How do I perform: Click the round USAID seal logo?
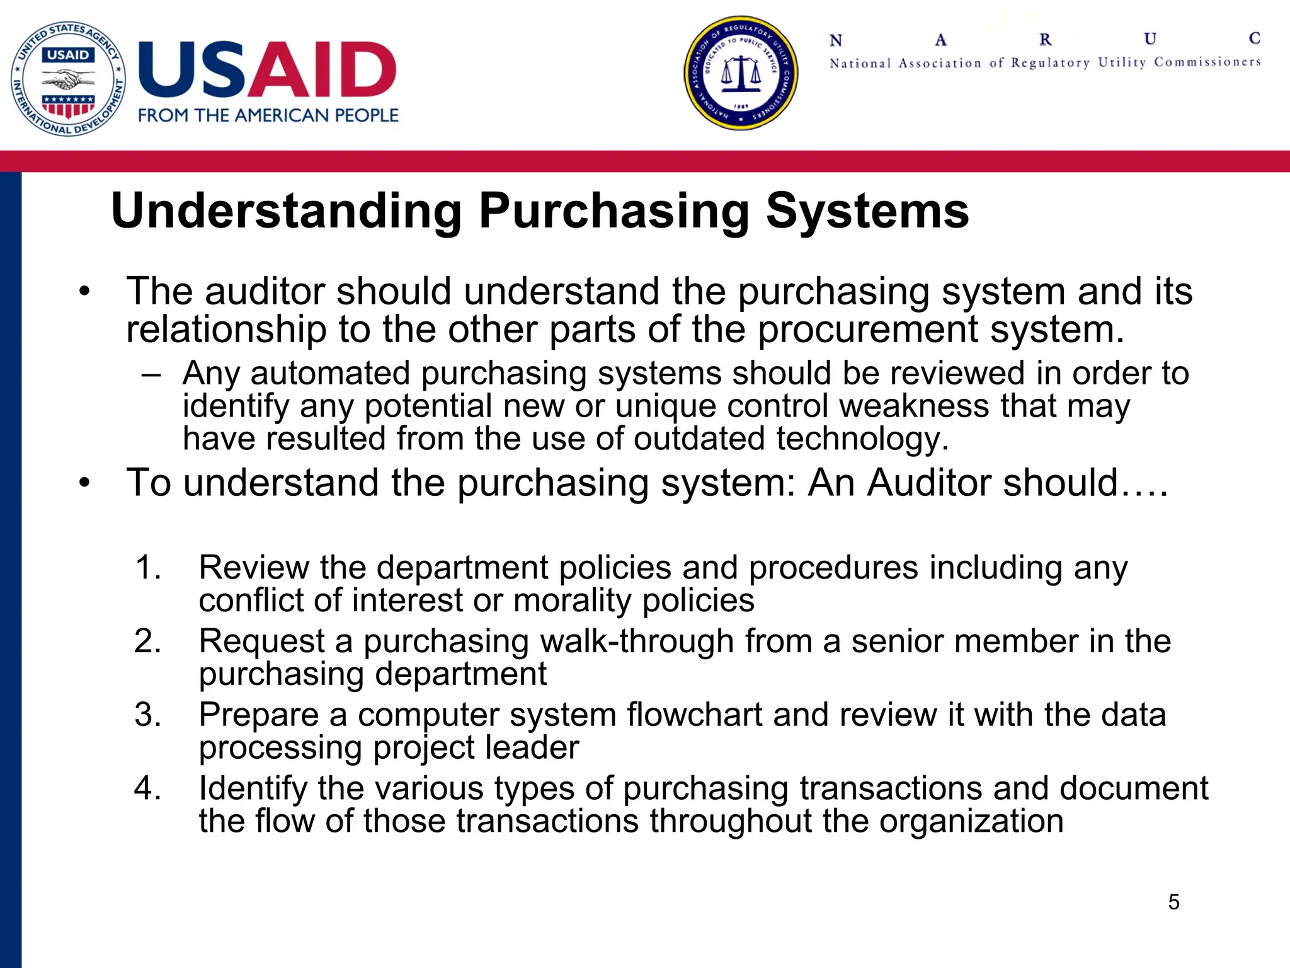tap(68, 78)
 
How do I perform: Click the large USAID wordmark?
tap(267, 69)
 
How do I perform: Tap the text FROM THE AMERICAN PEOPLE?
tap(268, 115)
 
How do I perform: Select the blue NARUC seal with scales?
tap(741, 73)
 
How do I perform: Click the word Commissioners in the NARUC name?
tap(1207, 62)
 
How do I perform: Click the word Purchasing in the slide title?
tap(615, 210)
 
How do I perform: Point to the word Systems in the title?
tap(867, 210)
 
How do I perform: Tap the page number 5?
tap(1173, 902)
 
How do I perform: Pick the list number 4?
tap(149, 788)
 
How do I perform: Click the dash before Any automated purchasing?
tap(152, 374)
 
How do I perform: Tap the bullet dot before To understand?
tap(85, 483)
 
